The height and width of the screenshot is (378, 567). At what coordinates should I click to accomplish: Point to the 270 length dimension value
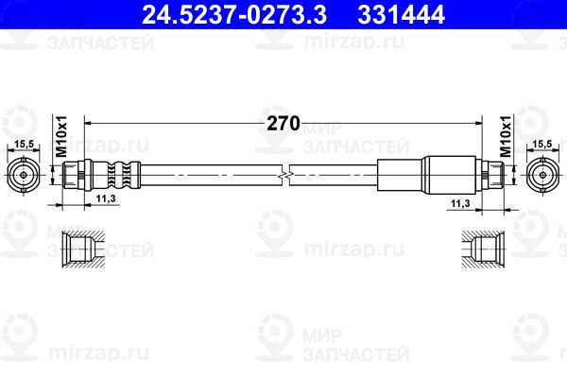284,124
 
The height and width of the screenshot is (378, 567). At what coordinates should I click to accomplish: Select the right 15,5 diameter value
542,143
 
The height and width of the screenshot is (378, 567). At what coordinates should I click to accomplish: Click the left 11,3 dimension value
106,199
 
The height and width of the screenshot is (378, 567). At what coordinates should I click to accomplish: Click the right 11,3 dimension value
460,202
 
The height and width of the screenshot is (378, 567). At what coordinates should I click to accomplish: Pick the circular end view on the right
542,175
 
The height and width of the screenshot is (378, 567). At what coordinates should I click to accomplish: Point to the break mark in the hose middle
284,175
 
